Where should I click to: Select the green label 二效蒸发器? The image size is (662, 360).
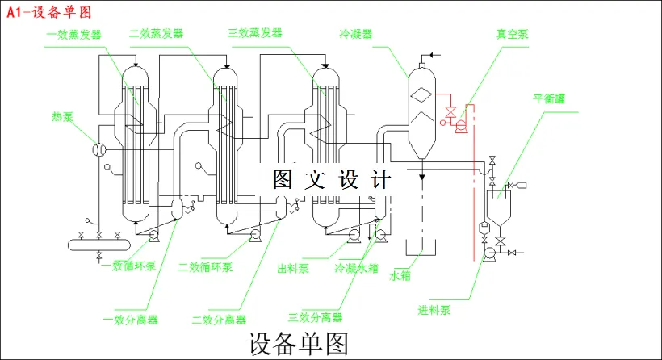pyautogui.click(x=156, y=34)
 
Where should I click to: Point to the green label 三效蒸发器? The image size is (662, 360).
pyautogui.click(x=255, y=34)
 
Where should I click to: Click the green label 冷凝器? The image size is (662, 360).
pyautogui.click(x=356, y=34)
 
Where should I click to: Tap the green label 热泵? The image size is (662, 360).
pyautogui.click(x=62, y=116)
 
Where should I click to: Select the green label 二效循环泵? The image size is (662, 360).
pyautogui.click(x=206, y=266)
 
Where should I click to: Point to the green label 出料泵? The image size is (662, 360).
pyautogui.click(x=293, y=266)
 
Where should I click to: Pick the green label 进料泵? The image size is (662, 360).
pyautogui.click(x=434, y=309)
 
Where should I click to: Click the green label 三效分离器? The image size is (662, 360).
pyautogui.click(x=315, y=317)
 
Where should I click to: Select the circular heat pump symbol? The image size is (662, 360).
pyautogui.click(x=99, y=149)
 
